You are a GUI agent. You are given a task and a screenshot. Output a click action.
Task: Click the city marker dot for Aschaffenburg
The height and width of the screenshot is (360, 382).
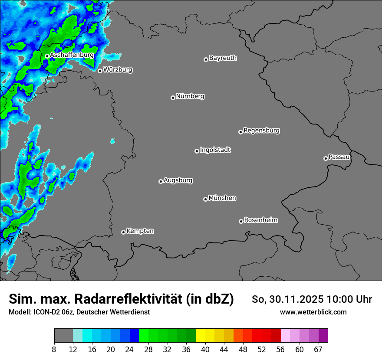pyautogui.click(x=47, y=56)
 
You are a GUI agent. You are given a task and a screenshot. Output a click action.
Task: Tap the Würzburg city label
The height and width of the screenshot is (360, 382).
pyautogui.click(x=118, y=69)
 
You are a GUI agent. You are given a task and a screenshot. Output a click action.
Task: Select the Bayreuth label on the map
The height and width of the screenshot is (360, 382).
pyautogui.click(x=223, y=58)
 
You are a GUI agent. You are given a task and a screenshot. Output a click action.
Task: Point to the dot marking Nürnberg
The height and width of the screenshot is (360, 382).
pyautogui.click(x=173, y=98)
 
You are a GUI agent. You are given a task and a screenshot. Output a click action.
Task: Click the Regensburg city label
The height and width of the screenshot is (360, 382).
pyautogui.click(x=261, y=130)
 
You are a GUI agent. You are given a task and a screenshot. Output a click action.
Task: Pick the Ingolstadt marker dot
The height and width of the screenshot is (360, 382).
pyautogui.click(x=197, y=151)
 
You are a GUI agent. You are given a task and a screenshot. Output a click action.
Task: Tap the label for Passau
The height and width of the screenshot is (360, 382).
pyautogui.click(x=339, y=157)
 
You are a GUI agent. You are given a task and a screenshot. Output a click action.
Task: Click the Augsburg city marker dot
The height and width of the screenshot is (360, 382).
pyautogui.click(x=161, y=181)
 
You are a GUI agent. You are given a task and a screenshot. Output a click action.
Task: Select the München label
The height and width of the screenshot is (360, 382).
pyautogui.click(x=222, y=198)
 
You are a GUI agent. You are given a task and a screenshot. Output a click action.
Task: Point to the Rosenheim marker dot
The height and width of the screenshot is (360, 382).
pyautogui.click(x=241, y=222)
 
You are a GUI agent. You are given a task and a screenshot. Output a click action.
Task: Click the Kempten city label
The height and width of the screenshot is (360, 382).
pyautogui.click(x=140, y=231)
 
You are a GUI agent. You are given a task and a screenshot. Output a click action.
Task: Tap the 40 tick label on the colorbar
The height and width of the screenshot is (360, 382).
pyautogui.click(x=205, y=350)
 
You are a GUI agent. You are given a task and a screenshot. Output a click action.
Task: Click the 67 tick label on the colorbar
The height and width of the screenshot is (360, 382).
pyautogui.click(x=319, y=350)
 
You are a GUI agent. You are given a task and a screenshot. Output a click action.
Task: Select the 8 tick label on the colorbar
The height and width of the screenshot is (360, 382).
pyautogui.click(x=54, y=350)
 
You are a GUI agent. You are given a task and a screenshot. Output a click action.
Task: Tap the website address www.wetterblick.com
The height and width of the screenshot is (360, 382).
pyautogui.click(x=313, y=312)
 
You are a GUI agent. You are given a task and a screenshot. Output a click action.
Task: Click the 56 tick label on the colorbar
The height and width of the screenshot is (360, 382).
pyautogui.click(x=281, y=350)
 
